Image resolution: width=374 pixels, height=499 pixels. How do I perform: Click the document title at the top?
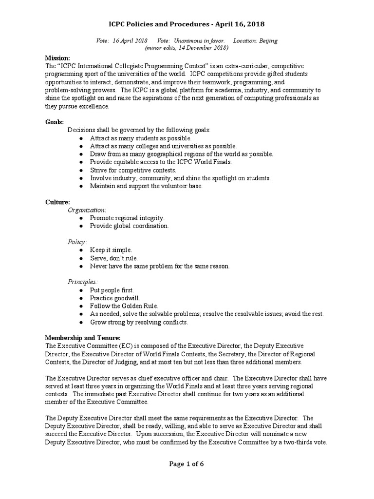coord(187,24)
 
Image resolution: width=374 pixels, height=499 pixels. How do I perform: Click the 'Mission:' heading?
coord(57,58)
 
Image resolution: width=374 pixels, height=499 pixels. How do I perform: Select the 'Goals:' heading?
coord(54,122)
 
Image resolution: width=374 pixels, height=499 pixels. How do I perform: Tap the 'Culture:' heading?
coord(57,202)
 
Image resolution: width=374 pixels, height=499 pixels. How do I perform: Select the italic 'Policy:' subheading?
coord(77,242)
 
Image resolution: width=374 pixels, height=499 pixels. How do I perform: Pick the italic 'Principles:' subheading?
coord(82,282)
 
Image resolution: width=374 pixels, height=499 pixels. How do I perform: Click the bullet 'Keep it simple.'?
coord(111,250)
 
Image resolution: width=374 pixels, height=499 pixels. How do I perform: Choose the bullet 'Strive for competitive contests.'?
coord(132,170)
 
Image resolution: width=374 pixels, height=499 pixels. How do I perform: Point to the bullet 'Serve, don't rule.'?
coord(113,258)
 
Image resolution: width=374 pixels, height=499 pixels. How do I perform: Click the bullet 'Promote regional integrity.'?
coord(127,218)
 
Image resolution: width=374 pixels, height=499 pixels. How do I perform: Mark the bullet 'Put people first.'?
coord(112,290)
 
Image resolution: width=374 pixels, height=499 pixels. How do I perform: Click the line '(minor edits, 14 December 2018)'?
coord(187,48)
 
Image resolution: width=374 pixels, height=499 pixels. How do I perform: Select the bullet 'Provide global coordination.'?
coord(129,226)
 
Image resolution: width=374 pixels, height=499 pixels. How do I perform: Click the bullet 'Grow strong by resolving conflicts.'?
coord(139,322)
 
